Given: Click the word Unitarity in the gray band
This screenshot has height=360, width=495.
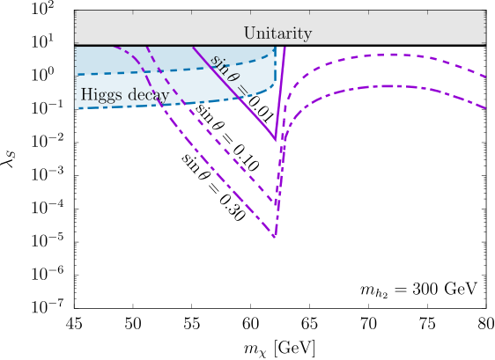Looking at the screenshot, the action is [277, 33].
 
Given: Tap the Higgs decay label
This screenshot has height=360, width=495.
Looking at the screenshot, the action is [125, 95].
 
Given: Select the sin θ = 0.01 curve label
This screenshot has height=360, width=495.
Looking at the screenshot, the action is [241, 89].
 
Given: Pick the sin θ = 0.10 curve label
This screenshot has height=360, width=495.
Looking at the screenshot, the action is [227, 138].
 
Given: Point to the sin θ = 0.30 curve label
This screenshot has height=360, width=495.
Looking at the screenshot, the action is [213, 187].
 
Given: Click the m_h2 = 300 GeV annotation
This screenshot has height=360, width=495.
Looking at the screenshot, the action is [418, 290].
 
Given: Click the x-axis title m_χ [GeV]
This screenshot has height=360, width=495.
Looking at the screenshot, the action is [279, 349].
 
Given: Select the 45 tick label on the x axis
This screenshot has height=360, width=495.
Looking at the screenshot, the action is [75, 324].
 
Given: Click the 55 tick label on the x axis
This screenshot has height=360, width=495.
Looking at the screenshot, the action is [192, 324].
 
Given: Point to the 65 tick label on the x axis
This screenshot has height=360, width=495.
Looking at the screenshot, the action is [310, 324].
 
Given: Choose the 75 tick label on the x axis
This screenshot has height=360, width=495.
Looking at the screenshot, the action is [427, 324].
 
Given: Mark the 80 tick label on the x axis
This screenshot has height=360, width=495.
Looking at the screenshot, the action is [486, 324].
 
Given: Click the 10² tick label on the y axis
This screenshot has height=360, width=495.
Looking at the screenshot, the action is [42, 9].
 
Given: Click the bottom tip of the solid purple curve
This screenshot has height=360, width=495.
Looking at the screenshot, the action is [276, 140].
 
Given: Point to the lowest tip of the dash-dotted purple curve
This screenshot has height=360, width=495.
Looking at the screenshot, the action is [275, 236].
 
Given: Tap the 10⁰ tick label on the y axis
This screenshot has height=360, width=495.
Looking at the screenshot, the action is [42, 75].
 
